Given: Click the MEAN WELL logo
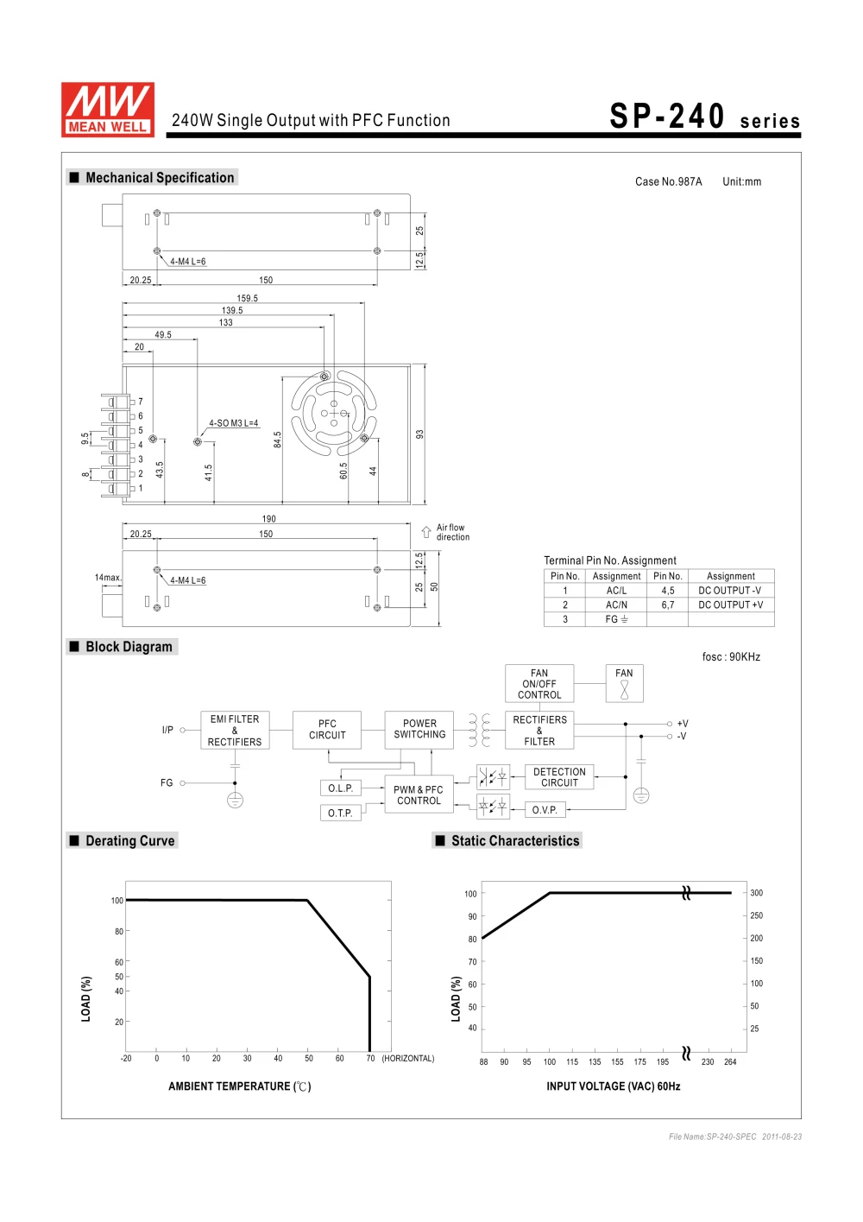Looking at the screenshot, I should (108, 110).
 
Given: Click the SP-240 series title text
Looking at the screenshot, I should (704, 117).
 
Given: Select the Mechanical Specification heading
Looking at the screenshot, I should (160, 178).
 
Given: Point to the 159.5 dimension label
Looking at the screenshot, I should (248, 298).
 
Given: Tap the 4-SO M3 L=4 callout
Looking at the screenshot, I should (233, 423).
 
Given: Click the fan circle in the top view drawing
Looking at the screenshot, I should (334, 413).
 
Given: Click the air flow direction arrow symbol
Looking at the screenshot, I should (426, 532).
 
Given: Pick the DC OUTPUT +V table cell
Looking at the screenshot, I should (730, 605).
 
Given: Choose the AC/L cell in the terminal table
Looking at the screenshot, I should (616, 591).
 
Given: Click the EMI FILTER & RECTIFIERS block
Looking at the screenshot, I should (235, 731).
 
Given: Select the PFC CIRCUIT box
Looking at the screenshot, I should (327, 730).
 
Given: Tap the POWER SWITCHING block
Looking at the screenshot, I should (419, 730).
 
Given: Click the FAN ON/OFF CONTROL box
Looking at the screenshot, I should (539, 684).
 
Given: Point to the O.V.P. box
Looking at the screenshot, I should (545, 810).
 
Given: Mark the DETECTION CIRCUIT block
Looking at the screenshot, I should (559, 777).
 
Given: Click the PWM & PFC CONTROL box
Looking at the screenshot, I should (419, 795).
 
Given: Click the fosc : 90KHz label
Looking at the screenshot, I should (731, 657).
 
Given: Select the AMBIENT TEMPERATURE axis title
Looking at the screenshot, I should (239, 1086).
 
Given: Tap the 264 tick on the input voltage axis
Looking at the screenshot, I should (730, 1062).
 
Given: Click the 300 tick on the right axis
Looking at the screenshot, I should (757, 893).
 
